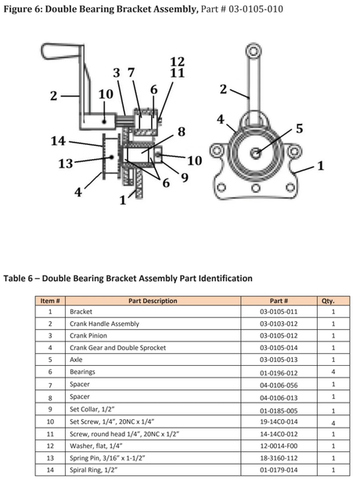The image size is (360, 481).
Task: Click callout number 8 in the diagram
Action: click(x=181, y=132)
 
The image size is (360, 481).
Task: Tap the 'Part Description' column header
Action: click(x=152, y=301)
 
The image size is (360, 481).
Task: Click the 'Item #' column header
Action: click(x=50, y=301)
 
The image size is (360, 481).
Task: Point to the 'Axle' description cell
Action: click(x=77, y=360)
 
